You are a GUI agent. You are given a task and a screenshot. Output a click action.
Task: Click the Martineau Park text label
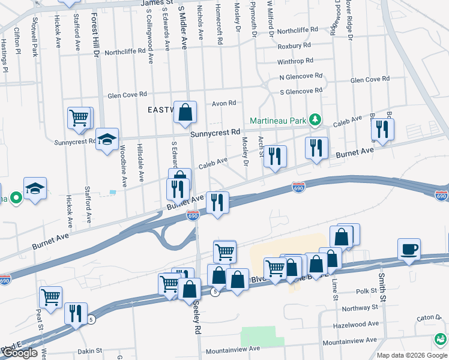pos(277,118)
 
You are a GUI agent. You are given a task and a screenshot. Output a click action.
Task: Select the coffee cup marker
pos(409,248)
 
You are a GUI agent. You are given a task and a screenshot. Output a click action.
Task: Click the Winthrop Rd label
pos(295,61)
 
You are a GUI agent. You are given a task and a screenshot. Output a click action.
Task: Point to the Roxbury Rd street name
pos(294,46)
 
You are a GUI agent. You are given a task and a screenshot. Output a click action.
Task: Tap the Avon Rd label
pos(223,103)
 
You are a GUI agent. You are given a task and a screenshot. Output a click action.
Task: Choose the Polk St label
pos(366,291)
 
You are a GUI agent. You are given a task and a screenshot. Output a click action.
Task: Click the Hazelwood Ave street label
pos(357,324)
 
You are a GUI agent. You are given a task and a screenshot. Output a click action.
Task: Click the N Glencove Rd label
pos(301,77)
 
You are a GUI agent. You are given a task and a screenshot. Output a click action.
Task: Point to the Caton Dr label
pos(429,317)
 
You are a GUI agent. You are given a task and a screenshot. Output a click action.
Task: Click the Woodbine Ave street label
pos(123,163)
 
